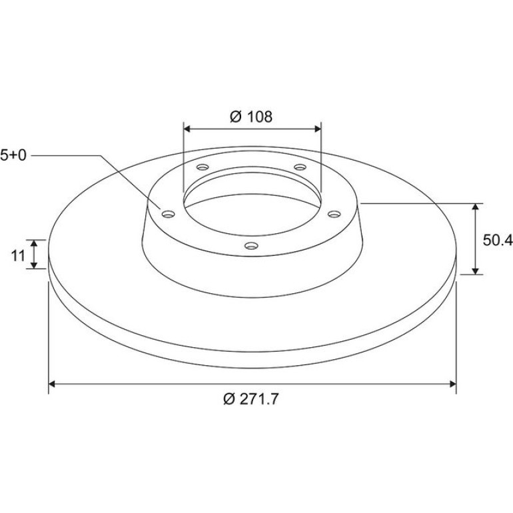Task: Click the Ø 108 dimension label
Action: (x=251, y=117)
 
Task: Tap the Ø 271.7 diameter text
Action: (x=251, y=399)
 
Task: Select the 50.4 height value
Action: (x=498, y=240)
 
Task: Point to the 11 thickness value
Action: (x=19, y=255)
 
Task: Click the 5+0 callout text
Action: (x=13, y=155)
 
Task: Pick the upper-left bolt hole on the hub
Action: (x=203, y=167)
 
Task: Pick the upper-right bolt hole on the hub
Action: (x=300, y=167)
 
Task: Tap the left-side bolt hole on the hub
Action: (x=169, y=215)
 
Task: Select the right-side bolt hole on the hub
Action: (x=334, y=214)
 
